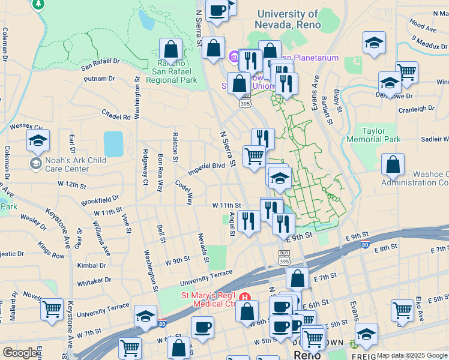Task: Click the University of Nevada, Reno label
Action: (287, 19)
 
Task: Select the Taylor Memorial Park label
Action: (381, 135)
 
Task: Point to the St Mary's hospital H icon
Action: (244, 297)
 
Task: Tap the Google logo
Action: (20, 353)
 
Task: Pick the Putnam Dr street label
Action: (100, 79)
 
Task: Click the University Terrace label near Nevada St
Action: (207, 278)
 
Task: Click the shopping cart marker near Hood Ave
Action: (407, 73)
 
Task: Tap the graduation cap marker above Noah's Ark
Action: (38, 142)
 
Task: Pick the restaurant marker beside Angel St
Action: (247, 220)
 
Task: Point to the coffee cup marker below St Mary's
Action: (202, 328)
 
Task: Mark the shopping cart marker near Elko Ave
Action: (402, 310)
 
